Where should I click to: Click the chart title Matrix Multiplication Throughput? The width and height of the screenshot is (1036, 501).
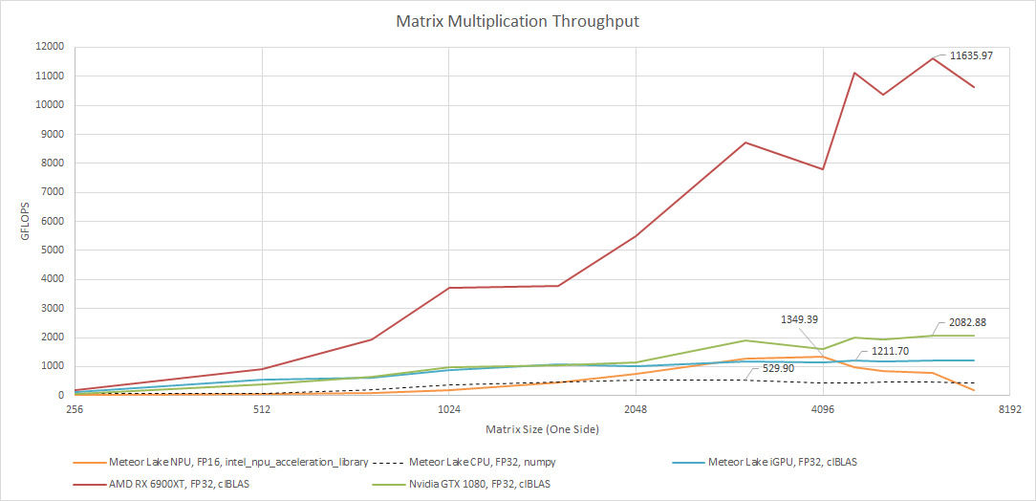point(517,20)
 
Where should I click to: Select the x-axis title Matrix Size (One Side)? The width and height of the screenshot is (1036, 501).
point(541,429)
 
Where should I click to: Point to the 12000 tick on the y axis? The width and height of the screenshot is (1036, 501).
point(50,46)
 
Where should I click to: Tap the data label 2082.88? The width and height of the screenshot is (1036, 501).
point(966,322)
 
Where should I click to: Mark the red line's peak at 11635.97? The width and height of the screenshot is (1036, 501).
point(932,58)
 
